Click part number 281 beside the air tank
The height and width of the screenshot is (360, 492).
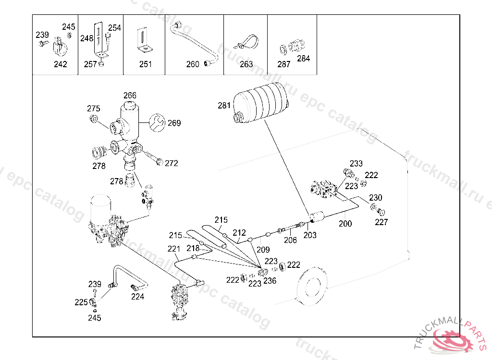click(x=224, y=106)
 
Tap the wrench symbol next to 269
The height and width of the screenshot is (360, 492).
click(x=157, y=122)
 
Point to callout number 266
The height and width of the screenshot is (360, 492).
click(x=130, y=96)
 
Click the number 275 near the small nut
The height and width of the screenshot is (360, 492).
click(x=94, y=108)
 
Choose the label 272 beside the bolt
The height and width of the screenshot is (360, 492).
click(x=172, y=163)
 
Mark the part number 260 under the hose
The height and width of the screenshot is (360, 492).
click(x=193, y=64)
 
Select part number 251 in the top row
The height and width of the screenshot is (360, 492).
click(x=146, y=64)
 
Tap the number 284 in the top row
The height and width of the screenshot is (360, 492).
click(x=304, y=59)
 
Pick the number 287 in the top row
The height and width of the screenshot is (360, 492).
click(x=283, y=64)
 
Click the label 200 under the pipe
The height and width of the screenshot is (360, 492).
click(x=345, y=224)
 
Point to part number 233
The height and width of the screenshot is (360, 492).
click(x=356, y=164)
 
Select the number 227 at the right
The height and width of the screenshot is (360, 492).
click(x=381, y=222)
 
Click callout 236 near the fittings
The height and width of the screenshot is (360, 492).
click(x=270, y=281)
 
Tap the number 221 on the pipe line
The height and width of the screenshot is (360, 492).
click(x=174, y=249)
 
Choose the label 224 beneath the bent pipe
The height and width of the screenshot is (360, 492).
click(x=137, y=297)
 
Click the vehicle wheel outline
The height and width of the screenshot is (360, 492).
click(x=312, y=286)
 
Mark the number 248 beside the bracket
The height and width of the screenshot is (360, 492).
click(x=86, y=38)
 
